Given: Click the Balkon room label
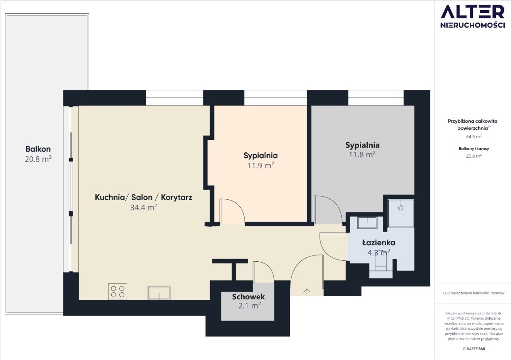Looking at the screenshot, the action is [38, 149].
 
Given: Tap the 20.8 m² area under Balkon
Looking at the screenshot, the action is [38, 159].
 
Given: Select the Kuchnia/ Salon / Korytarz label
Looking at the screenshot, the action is [144, 197].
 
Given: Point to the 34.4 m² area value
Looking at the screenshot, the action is [144, 207].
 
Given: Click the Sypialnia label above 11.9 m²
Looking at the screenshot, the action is [261, 155].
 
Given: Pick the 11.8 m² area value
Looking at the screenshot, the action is [362, 155].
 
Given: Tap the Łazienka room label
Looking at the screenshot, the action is [378, 243].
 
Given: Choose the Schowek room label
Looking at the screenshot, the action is [248, 297].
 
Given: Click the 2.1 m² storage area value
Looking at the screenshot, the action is [249, 306].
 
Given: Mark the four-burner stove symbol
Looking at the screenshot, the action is [117, 291].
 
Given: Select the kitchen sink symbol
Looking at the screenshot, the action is [159, 293].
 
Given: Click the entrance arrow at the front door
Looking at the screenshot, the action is [307, 291].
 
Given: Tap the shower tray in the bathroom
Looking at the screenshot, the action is [401, 213].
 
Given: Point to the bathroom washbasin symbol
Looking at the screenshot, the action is [367, 223].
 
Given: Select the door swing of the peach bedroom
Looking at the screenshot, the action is [232, 212].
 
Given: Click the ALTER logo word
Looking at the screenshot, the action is [472, 12].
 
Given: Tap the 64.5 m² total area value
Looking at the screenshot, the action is [474, 137].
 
